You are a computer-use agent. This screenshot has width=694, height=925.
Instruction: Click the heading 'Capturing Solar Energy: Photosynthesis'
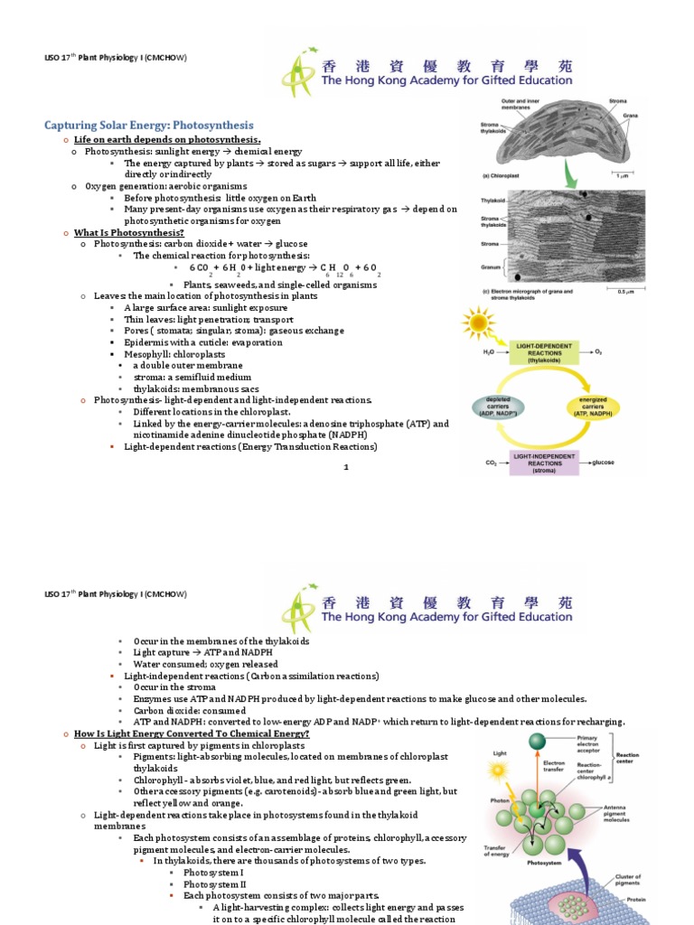pyautogui.click(x=149, y=125)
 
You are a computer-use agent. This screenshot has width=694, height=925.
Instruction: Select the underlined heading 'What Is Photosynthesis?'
pyautogui.click(x=123, y=232)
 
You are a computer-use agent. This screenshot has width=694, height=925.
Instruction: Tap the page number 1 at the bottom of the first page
pyautogui.click(x=345, y=466)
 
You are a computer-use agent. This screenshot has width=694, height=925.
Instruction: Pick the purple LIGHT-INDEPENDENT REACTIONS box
pyautogui.click(x=542, y=462)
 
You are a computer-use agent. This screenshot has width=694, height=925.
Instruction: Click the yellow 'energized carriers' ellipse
pyautogui.click(x=595, y=406)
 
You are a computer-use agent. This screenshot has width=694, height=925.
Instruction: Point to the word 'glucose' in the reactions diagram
pyautogui.click(x=603, y=462)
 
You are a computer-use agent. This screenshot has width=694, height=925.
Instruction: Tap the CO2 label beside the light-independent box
pyautogui.click(x=491, y=462)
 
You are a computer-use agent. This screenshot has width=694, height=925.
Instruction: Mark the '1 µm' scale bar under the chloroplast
pyautogui.click(x=625, y=173)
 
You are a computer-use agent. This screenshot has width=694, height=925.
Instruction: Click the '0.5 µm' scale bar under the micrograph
pyautogui.click(x=624, y=291)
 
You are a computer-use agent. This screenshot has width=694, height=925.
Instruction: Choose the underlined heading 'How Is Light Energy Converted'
pyautogui.click(x=192, y=733)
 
